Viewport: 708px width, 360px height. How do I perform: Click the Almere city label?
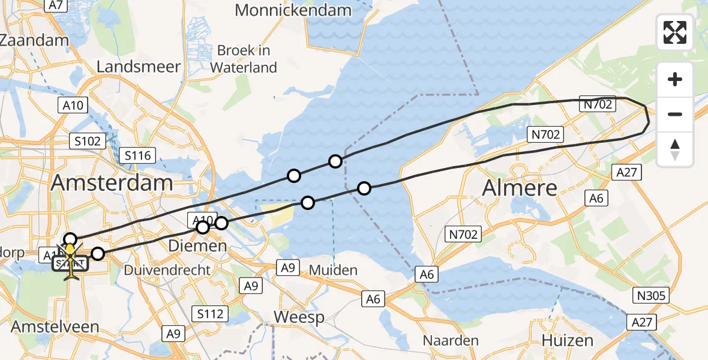coord(520,188)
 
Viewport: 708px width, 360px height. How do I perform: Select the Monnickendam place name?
coord(293,10)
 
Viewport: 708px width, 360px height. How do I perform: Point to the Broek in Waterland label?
coord(244,59)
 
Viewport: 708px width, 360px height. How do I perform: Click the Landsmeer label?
coord(139,67)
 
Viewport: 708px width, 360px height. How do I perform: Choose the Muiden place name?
coord(334,270)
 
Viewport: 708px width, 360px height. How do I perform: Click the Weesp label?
coord(299,317)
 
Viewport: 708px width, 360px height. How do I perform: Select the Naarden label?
coord(451,341)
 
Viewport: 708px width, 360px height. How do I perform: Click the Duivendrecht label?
coord(167,270)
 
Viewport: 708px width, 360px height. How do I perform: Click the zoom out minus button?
coord(675,114)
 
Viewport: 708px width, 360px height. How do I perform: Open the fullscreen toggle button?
coord(675,32)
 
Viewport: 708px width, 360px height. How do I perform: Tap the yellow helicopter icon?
coord(71,259)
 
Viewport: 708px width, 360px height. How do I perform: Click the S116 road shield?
coord(137,155)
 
